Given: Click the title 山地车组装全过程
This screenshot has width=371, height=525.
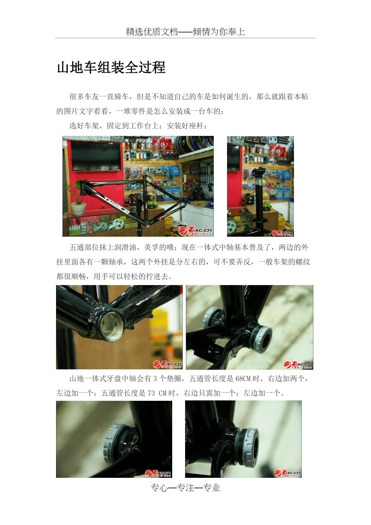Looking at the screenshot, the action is click(x=111, y=67).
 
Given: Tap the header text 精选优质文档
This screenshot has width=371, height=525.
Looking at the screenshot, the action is click(x=152, y=31).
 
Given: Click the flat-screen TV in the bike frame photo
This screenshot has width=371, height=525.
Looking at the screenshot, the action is click(x=96, y=156).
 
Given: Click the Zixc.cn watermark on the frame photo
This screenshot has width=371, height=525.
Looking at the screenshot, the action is click(x=195, y=231).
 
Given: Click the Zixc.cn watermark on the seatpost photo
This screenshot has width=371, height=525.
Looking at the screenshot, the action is click(x=282, y=233).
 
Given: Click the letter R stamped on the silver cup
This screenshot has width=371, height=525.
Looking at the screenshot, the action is click(x=246, y=440).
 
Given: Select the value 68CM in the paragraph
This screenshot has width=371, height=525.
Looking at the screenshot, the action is click(x=244, y=379).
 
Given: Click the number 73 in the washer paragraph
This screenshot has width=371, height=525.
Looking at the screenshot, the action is click(x=151, y=393).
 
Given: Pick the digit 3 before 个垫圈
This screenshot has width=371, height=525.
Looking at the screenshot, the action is click(x=155, y=379).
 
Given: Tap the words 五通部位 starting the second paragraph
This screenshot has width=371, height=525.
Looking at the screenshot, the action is click(x=84, y=247).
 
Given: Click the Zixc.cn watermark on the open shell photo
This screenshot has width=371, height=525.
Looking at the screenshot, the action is click(x=167, y=365).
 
